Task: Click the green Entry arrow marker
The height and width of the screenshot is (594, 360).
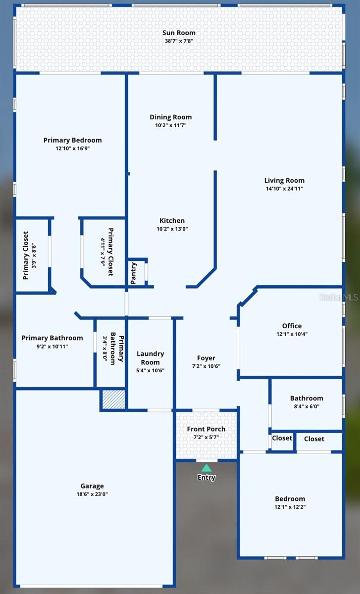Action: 206,468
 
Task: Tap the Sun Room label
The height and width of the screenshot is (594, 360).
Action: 179,33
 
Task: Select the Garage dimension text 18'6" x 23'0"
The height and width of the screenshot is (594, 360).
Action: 92,494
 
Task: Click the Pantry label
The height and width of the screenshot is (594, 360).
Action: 134,273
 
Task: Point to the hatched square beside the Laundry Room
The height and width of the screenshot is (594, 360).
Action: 113,399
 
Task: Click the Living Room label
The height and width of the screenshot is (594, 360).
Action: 284,181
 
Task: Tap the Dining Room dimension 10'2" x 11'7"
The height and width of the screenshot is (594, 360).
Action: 171,125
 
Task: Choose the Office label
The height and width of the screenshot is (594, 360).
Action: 292,326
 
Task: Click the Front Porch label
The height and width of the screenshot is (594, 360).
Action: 206,429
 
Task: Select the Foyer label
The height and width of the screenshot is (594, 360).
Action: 206,358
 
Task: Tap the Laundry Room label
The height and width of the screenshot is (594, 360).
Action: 150,358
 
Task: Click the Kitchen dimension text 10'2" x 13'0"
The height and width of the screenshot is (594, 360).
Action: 172,229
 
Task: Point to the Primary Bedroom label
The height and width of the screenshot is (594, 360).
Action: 72,140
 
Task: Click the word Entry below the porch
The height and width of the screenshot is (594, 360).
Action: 206,478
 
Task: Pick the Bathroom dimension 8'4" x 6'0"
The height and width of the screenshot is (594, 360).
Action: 307,406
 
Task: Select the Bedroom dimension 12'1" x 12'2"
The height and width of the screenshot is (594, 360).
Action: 290,507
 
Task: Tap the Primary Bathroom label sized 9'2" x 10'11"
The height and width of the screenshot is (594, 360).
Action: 52,338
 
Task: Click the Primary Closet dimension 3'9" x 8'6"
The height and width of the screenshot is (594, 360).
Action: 34,255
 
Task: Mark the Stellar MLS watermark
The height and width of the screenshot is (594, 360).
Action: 338,297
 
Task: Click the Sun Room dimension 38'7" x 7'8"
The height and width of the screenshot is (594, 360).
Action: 179,41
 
